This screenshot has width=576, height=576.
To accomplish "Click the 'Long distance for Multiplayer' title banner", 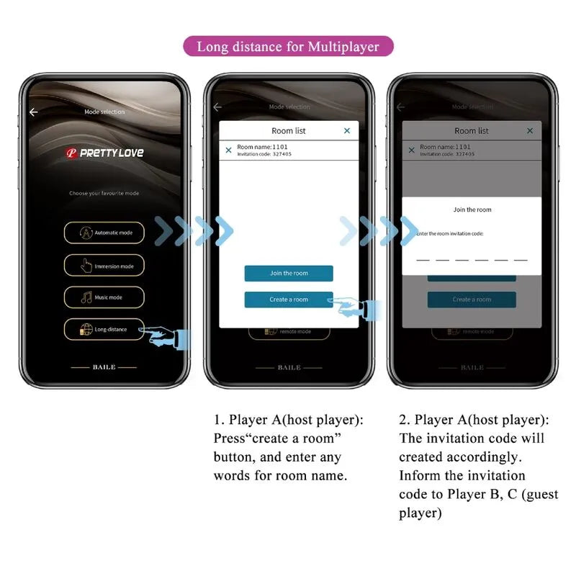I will click(x=288, y=48).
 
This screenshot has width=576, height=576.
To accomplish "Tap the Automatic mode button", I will click(x=104, y=233).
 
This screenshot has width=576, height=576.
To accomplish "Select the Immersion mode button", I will click(x=104, y=266).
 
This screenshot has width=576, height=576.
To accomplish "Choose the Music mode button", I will click(x=104, y=297).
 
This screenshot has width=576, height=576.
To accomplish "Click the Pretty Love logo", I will click(x=104, y=153).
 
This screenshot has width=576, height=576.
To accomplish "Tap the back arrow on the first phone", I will click(x=33, y=112).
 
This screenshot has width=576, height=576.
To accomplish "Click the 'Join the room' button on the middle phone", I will click(x=289, y=274).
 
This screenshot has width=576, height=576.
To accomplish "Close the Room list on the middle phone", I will click(x=347, y=130).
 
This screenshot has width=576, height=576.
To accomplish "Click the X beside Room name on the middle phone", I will click(x=229, y=150).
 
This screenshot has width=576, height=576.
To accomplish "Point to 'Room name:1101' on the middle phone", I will click(x=264, y=147).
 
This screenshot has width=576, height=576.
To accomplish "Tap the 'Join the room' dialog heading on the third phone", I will click(x=472, y=210).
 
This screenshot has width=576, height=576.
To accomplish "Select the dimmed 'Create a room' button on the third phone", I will click(x=472, y=300).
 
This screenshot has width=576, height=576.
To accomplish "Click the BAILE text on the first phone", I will click(x=104, y=367).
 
